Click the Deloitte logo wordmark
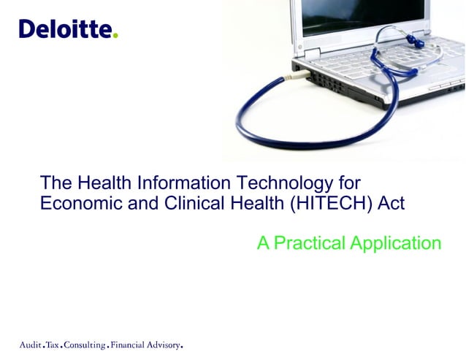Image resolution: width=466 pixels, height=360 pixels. click(x=66, y=29)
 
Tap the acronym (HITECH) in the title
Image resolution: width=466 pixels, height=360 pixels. click(x=331, y=203)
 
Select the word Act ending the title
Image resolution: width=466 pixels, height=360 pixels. click(x=391, y=203)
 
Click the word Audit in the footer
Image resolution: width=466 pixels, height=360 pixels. click(x=30, y=344)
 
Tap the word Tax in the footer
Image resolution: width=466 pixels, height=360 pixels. click(x=53, y=344)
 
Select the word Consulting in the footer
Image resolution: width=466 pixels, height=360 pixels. click(x=85, y=344)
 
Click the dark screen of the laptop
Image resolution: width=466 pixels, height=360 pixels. click(x=358, y=15)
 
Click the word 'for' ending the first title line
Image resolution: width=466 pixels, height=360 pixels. click(x=348, y=182)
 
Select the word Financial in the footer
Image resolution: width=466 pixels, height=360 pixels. click(x=127, y=344)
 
